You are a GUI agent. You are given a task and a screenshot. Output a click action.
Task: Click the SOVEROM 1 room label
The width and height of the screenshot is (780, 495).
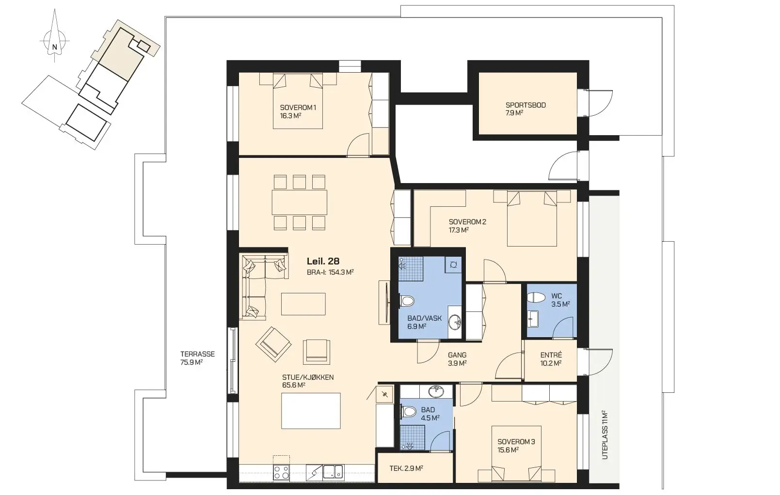pos(298,108)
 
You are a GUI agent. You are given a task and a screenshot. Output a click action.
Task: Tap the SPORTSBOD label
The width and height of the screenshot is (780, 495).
pos(525,105)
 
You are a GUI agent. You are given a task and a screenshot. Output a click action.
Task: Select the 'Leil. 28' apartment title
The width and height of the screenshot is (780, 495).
pos(323,261)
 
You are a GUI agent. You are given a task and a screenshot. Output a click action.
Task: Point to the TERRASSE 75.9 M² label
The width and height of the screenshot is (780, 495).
pos(197,358)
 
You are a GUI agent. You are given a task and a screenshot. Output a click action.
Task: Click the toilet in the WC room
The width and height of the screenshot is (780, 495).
pos(536,298)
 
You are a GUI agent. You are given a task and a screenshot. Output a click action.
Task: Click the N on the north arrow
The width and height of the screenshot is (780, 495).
pos(54,47)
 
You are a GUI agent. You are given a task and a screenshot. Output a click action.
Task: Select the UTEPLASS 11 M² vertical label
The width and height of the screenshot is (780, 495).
pos(605,435)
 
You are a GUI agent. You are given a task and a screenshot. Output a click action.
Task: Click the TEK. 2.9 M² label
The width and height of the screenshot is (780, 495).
pos(406,468)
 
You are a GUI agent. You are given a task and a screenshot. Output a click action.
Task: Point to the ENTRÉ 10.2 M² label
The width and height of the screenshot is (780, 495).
pos(551,359)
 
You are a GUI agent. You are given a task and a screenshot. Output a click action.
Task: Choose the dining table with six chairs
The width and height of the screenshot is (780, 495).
pos(300,202)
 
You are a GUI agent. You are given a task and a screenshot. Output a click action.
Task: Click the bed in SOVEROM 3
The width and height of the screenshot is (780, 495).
pos(516,454)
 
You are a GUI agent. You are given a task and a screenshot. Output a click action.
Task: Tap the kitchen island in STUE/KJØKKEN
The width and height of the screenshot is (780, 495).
pos(311,411)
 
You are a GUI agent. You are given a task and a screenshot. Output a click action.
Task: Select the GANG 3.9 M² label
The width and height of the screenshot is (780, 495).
pos(457,359)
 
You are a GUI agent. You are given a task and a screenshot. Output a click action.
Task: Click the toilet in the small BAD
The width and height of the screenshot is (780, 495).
pos(408,412)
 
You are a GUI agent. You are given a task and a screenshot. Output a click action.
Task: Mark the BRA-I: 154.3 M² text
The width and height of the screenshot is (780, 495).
pos(330,272)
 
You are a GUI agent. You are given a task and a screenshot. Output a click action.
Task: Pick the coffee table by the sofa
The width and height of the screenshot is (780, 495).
pos(303,304)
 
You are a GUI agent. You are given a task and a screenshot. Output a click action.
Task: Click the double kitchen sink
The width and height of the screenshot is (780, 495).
pos(333,472)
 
